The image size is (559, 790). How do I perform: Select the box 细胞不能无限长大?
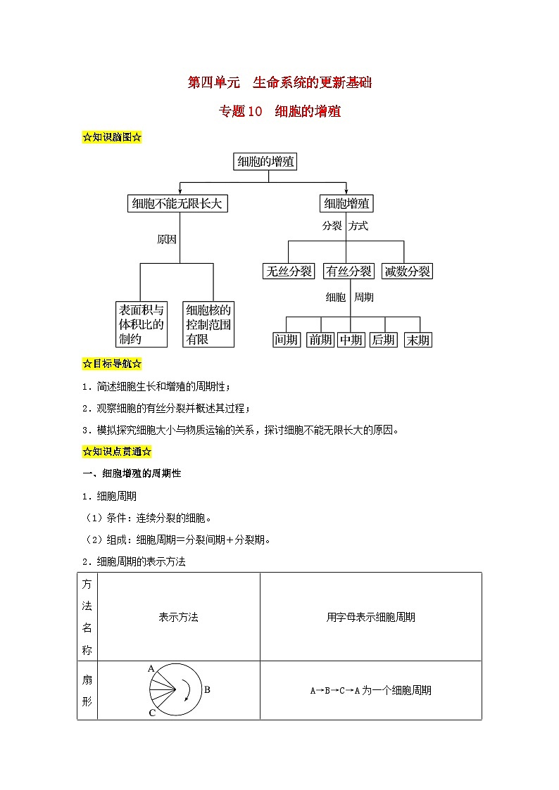coord(179,204)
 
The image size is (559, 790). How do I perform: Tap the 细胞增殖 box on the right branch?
coord(346,204)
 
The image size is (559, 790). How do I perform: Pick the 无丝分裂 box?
coord(288,271)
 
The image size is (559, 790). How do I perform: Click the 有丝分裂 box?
coord(348,271)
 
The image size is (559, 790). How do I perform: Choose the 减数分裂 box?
coord(408,271)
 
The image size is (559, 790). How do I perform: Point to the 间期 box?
coord(287,340)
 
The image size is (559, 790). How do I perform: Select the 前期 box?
coord(320,340)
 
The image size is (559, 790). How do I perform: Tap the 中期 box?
coord(351,340)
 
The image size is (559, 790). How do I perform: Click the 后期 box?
coord(384,340)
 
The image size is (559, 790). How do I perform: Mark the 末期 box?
coord(417,340)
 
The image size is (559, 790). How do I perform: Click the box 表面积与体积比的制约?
coord(142,324)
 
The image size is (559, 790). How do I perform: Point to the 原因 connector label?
coord(167,239)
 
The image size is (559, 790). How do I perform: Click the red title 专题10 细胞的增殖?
coord(279,111)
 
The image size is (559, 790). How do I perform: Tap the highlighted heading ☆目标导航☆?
coord(113,364)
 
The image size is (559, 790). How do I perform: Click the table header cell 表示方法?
coord(179,617)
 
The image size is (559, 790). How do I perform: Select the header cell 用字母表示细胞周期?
coord(370,617)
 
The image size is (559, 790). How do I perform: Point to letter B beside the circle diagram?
coord(207,690)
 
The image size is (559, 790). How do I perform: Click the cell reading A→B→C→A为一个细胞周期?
coord(370,691)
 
